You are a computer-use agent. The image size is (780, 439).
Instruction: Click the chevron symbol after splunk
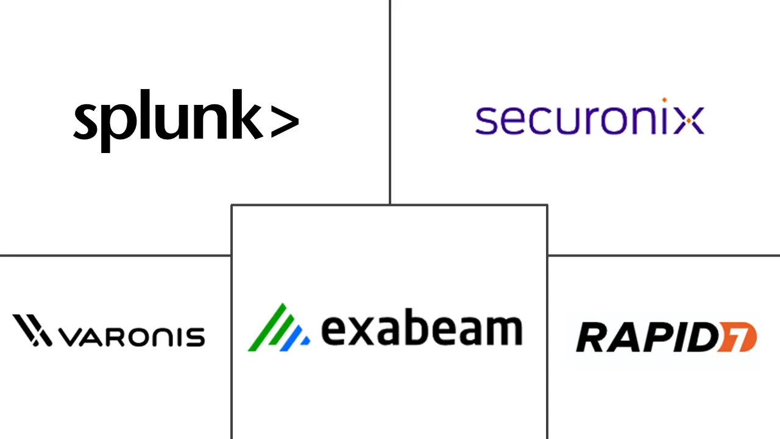coord(285,121)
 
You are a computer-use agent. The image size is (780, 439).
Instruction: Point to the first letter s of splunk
coord(85,121)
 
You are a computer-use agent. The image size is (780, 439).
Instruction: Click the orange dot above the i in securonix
coord(664,100)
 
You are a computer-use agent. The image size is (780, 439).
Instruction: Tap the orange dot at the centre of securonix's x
coord(689,121)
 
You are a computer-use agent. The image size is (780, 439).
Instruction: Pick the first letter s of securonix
coord(486,121)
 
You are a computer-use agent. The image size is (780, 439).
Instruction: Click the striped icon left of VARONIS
coord(32,330)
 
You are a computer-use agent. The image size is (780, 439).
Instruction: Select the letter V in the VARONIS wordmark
coord(72,337)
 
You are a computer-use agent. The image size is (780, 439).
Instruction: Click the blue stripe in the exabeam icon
coord(292,338)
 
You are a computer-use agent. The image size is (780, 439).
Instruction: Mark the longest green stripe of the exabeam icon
coord(267,327)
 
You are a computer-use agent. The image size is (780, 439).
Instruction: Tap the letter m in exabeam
coord(503,330)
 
